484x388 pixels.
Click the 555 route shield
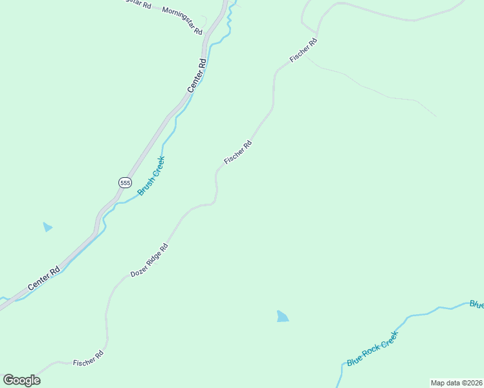tap(125, 183)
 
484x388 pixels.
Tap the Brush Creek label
tap(151, 176)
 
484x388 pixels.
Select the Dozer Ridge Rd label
tap(149, 260)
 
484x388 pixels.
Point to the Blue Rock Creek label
tap(372, 349)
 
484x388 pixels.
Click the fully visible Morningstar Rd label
tap(182, 21)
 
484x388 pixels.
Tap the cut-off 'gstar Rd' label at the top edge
tap(137, 4)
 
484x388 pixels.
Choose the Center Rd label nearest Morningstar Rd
tap(197, 76)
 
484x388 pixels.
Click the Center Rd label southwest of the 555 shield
tap(44, 278)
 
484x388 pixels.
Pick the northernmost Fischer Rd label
tap(303, 50)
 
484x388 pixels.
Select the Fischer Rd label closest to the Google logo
tap(88, 358)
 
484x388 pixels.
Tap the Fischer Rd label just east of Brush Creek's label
tap(237, 153)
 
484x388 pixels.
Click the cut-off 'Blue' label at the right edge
tap(476, 303)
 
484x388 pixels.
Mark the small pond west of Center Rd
tap(47, 227)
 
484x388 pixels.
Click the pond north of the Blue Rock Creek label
tap(282, 316)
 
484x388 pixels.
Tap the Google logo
tap(21, 380)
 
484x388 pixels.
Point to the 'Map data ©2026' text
tap(456, 383)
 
